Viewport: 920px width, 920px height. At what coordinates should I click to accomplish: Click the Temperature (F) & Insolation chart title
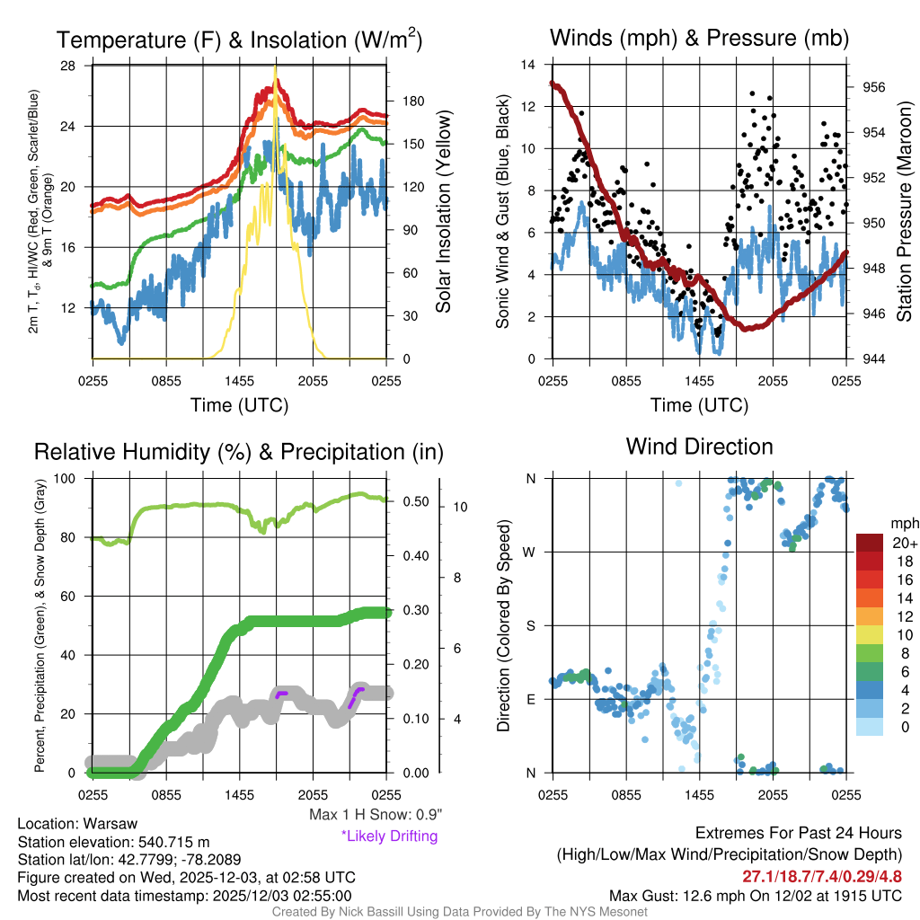tap(239, 40)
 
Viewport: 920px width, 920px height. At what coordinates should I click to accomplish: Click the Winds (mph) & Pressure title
tap(699, 38)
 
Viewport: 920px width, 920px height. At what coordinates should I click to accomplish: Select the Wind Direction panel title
tap(699, 447)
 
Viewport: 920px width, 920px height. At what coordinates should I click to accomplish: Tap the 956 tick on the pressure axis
tap(873, 88)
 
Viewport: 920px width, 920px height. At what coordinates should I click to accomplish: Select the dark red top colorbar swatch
tap(871, 544)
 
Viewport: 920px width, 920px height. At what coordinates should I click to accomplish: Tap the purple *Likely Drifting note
tap(389, 836)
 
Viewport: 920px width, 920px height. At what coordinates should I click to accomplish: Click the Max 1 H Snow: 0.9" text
tap(376, 815)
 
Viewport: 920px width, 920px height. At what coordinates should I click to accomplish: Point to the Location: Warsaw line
tap(77, 824)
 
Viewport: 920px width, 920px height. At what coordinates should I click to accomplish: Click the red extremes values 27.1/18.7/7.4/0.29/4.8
tap(822, 876)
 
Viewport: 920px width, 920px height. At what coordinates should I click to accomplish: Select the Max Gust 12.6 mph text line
tap(755, 895)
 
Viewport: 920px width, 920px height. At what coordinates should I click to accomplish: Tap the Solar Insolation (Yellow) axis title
tap(444, 212)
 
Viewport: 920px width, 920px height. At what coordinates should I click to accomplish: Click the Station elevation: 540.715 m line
tap(112, 842)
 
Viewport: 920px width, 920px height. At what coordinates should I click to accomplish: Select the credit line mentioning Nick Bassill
tap(459, 912)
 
